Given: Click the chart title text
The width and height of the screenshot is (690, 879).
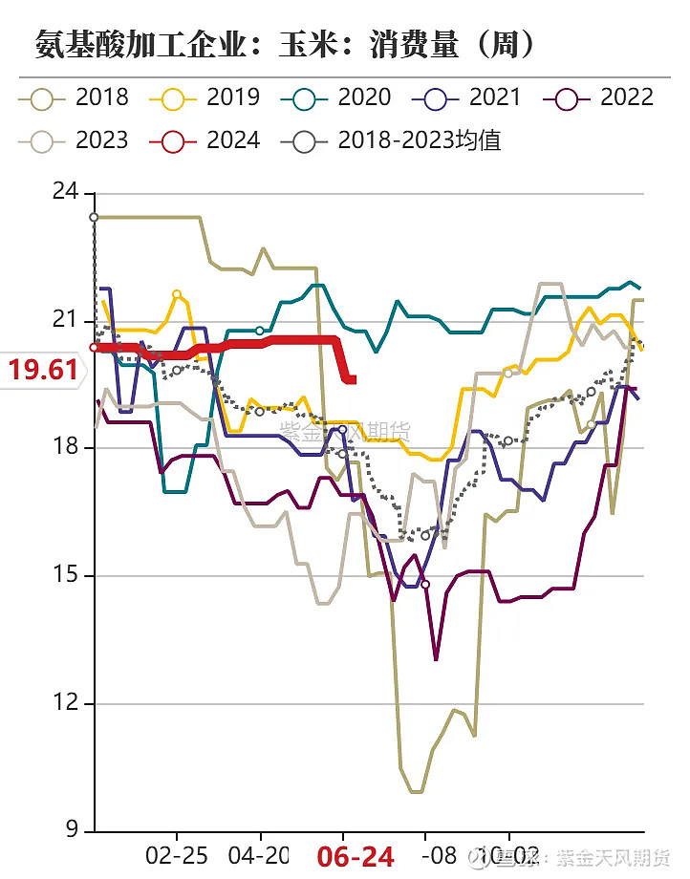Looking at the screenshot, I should (284, 44).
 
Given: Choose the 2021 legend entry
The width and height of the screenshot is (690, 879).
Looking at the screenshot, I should (467, 96).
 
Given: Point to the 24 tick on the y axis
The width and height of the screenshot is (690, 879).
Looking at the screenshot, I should (65, 192).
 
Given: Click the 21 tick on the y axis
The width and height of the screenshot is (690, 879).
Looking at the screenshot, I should (65, 320).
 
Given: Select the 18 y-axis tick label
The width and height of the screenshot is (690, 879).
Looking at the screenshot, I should (65, 448).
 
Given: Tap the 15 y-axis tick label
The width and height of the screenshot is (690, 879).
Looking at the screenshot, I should (65, 576).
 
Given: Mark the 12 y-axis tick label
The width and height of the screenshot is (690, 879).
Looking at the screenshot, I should (65, 704).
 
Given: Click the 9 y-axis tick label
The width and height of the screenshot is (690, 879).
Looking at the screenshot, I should (71, 832).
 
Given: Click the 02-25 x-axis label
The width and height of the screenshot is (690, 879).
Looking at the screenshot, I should (177, 854).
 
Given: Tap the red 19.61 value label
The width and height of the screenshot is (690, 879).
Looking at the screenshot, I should (43, 370).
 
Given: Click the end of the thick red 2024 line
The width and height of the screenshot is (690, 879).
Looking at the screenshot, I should (353, 380).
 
